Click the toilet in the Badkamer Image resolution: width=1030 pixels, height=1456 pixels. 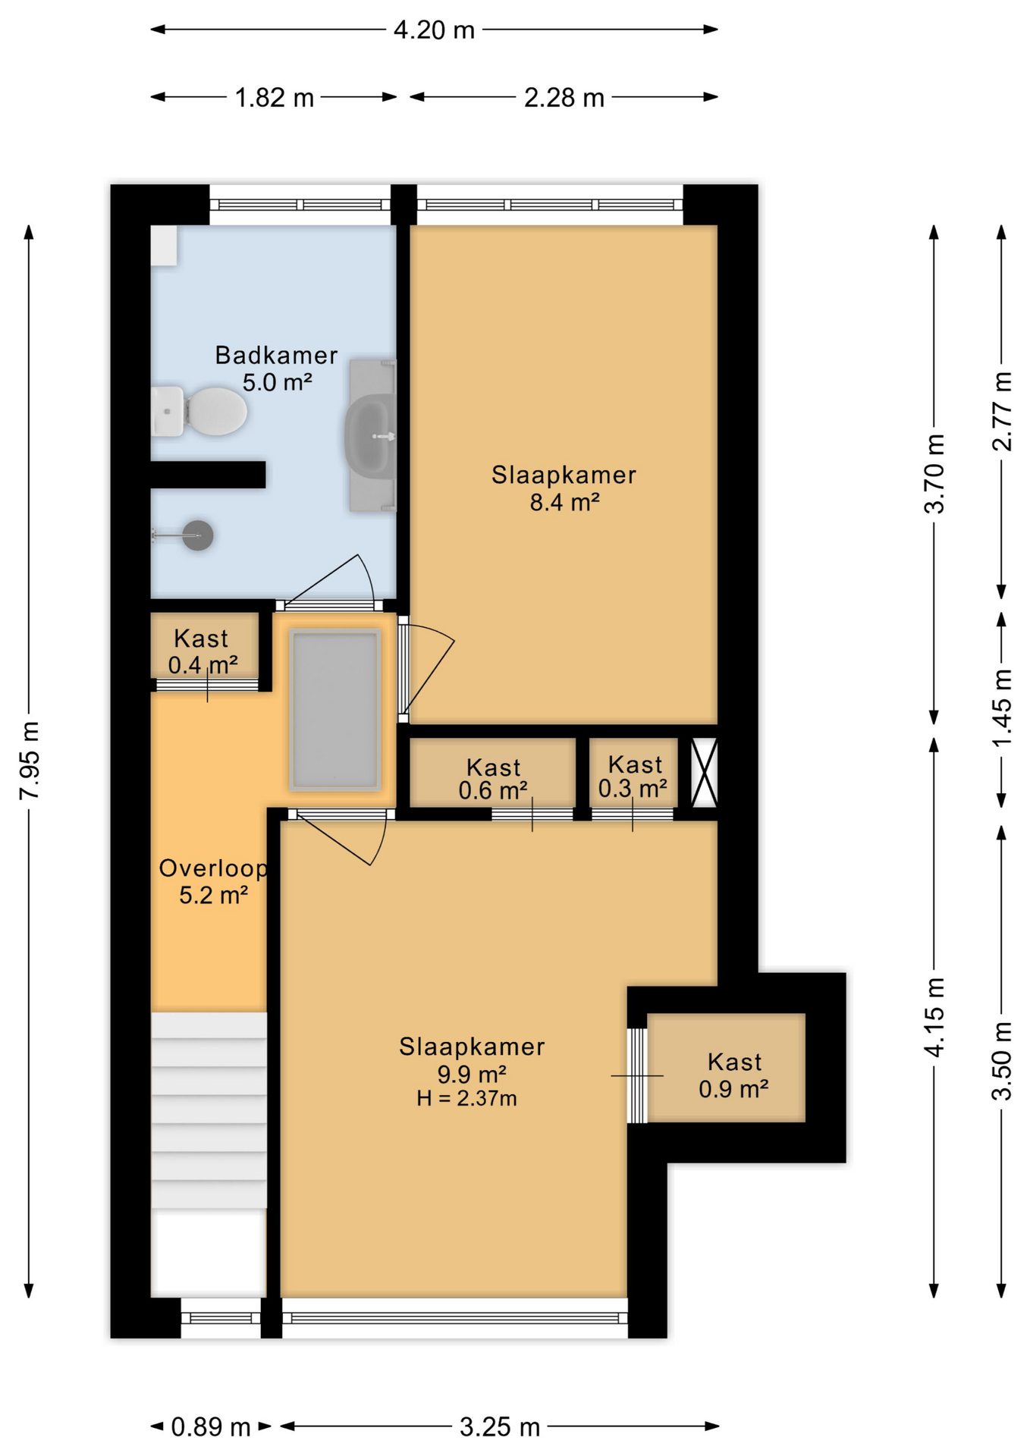pyautogui.click(x=199, y=412)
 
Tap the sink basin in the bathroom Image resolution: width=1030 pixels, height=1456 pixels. pyautogui.click(x=369, y=436)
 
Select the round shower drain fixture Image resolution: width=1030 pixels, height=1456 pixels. pyautogui.click(x=198, y=535)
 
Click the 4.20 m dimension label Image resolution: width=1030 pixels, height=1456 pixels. pyautogui.click(x=434, y=30)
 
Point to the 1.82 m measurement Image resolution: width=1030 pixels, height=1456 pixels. pyautogui.click(x=275, y=98)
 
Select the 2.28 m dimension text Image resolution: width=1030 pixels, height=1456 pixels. pyautogui.click(x=564, y=98)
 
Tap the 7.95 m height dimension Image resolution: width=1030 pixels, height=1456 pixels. pyautogui.click(x=30, y=761)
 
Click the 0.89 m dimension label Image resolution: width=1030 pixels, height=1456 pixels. pyautogui.click(x=211, y=1427)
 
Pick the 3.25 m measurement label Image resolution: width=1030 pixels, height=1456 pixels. pyautogui.click(x=500, y=1427)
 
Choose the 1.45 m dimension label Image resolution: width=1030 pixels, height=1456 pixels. pyautogui.click(x=1002, y=708)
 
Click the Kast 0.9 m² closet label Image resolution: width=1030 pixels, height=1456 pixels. pyautogui.click(x=733, y=1075)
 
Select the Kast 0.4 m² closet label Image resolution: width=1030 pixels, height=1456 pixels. pyautogui.click(x=203, y=652)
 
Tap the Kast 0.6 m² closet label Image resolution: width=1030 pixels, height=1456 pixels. pyautogui.click(x=493, y=779)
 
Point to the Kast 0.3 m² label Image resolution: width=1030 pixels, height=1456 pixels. pyautogui.click(x=633, y=777)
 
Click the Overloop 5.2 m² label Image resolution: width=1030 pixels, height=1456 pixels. pyautogui.click(x=213, y=881)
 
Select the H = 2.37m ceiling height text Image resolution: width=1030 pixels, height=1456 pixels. pyautogui.click(x=466, y=1098)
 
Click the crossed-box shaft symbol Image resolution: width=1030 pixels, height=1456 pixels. pyautogui.click(x=704, y=773)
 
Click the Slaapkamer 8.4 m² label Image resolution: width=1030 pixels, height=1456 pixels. pyautogui.click(x=564, y=488)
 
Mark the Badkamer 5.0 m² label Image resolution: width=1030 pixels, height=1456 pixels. pyautogui.click(x=276, y=368)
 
